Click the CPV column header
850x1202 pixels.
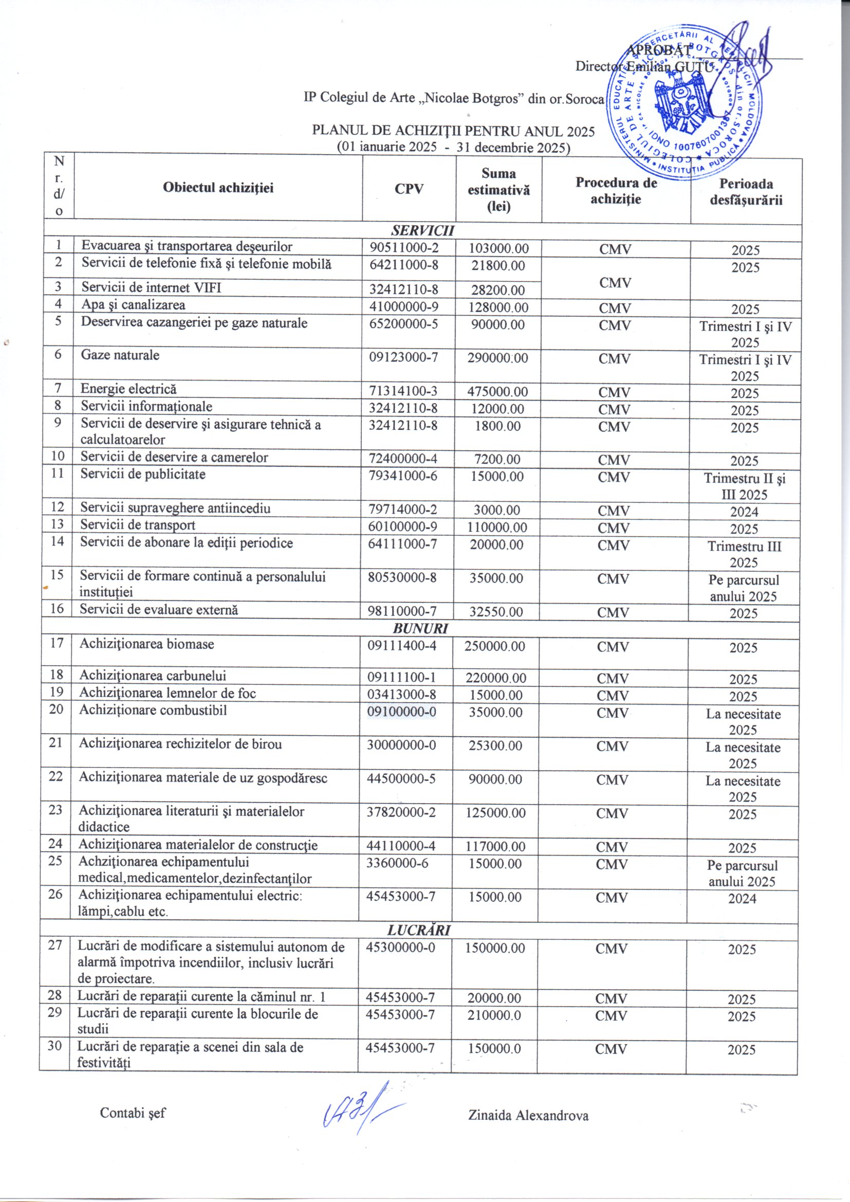point(409,189)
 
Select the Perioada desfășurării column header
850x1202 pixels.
point(746,192)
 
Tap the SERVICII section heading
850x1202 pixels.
point(422,231)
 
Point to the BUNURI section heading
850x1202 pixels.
point(420,628)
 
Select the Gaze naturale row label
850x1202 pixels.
point(120,355)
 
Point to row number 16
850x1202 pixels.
point(57,608)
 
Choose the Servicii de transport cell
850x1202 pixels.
point(138,525)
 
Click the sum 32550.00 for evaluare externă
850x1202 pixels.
point(495,611)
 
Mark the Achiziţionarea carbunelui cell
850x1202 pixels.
point(152,676)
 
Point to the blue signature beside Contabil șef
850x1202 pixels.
point(361,1110)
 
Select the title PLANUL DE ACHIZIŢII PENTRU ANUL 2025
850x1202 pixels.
point(453,131)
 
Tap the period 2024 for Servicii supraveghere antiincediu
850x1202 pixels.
point(744,512)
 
